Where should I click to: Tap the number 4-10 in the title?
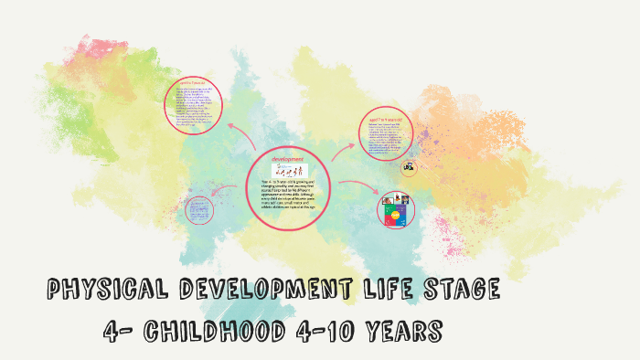(x=321, y=329)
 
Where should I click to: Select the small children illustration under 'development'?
(x=289, y=171)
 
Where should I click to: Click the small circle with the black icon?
(x=409, y=167)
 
